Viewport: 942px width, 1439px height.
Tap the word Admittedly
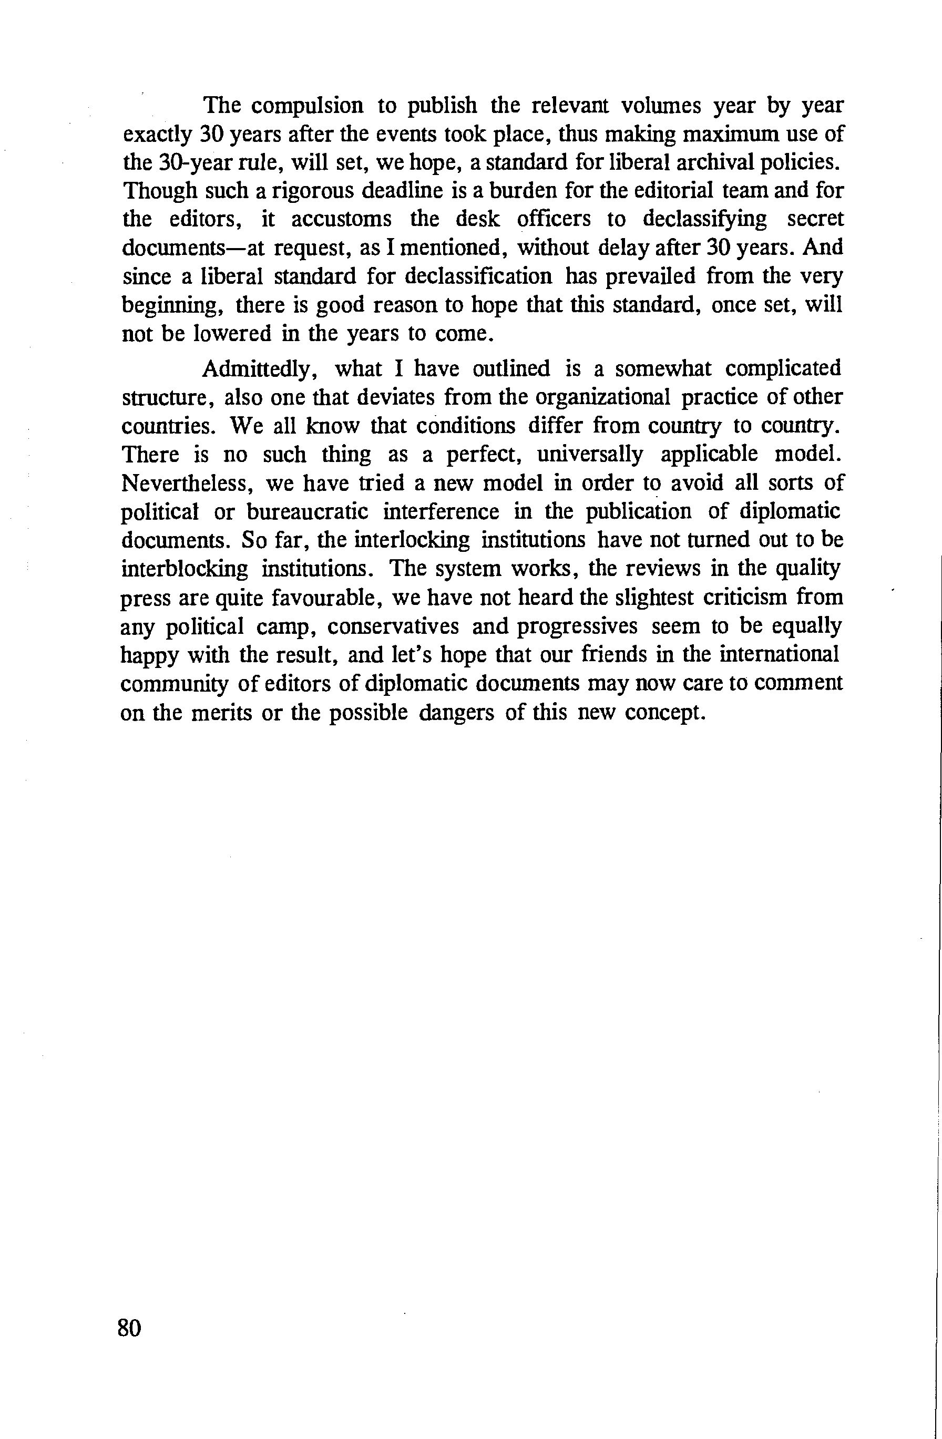[x=263, y=368]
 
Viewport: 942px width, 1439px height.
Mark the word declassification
[x=478, y=276]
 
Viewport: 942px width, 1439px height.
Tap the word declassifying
[x=704, y=219]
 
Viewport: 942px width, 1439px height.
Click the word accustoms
[x=342, y=219]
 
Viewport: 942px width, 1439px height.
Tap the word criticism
[x=748, y=598]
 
